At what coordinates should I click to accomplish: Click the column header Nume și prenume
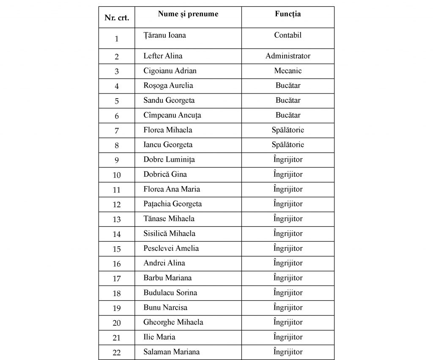188,14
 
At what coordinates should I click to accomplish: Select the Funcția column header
288,14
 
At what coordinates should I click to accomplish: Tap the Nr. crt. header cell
117,18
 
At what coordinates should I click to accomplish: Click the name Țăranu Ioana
165,35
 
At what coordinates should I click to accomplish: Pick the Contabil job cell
288,35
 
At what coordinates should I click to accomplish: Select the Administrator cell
288,56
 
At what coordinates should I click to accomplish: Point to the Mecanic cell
288,71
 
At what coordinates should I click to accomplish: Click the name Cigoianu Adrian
170,71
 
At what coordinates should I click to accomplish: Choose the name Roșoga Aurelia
168,85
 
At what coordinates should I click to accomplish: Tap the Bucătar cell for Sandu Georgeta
288,100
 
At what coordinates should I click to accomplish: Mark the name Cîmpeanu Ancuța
172,115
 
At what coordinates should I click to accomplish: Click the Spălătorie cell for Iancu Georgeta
288,145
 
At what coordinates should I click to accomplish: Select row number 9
117,160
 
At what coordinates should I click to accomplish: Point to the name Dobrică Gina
165,174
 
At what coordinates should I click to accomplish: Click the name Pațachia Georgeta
173,204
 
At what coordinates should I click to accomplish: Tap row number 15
117,249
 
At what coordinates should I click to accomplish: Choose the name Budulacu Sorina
170,293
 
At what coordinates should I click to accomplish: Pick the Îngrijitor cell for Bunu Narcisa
288,308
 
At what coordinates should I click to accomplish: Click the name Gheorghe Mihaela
173,322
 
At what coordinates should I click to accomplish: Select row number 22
117,352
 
